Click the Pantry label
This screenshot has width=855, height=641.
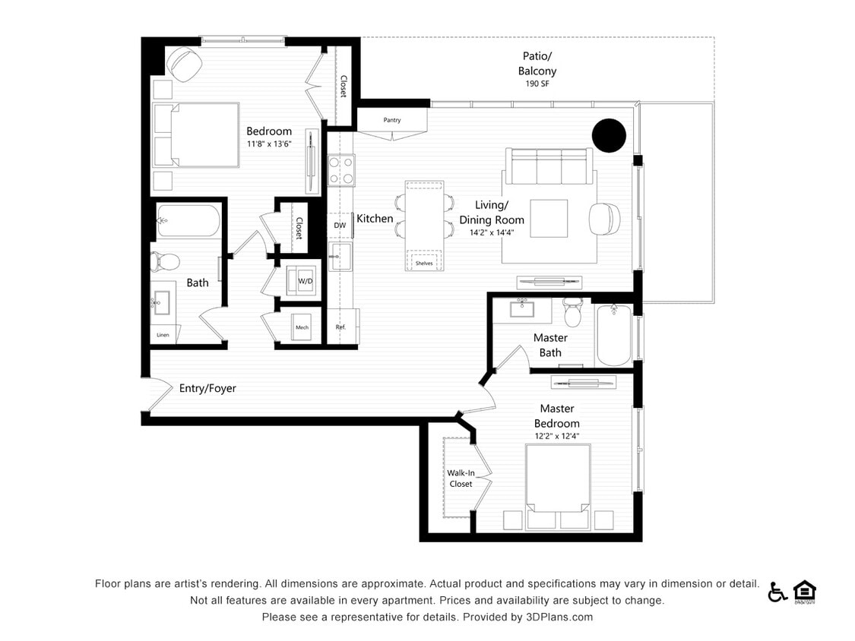pos(391,120)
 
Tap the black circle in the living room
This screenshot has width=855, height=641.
pos(609,135)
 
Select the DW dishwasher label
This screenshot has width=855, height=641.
pos(340,226)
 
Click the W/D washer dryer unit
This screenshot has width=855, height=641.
pos(305,281)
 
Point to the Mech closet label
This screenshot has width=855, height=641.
pos(302,327)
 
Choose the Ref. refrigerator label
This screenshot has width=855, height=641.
pos(341,327)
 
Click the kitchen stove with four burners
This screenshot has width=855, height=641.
pos(341,170)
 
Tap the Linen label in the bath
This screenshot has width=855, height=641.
pos(163,335)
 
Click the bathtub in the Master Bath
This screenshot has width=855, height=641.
pos(614,335)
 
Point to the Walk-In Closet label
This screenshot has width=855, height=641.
pos(460,478)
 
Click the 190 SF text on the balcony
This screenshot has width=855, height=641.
pos(537,84)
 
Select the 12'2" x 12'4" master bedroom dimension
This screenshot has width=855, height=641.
pos(556,436)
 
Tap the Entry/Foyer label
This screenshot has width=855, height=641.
pos(207,388)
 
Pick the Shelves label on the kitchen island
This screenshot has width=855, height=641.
pos(424,264)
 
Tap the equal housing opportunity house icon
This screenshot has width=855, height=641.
pos(804,592)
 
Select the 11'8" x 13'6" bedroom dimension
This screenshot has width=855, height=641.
pos(268,144)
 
